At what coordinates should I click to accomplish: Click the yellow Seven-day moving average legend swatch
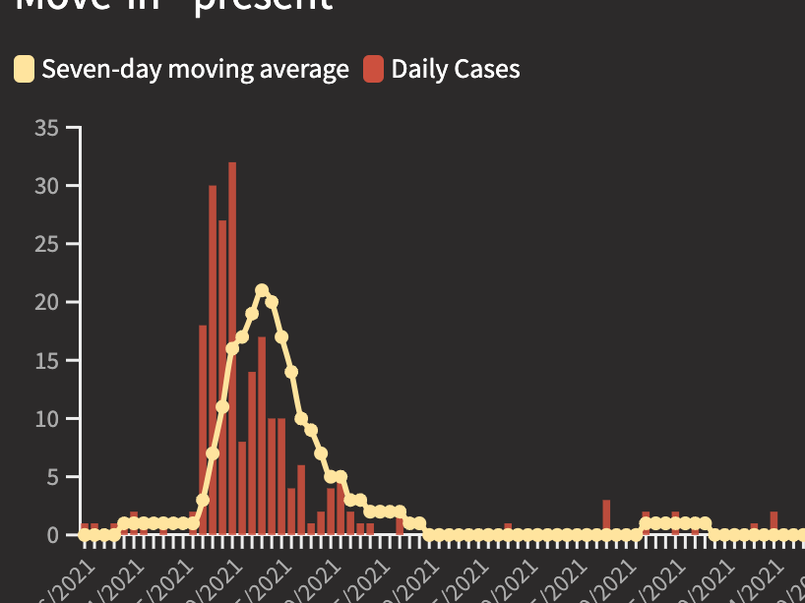click(x=24, y=70)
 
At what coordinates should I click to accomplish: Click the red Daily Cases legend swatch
click(x=373, y=70)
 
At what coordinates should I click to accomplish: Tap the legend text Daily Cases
click(x=456, y=70)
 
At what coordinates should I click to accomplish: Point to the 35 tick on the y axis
click(x=46, y=128)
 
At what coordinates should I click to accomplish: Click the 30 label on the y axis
click(x=46, y=186)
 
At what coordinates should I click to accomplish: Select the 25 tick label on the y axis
click(x=46, y=244)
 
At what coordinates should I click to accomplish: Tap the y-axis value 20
click(x=46, y=302)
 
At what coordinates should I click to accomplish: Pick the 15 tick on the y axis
click(x=46, y=361)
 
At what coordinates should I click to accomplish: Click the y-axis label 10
click(x=46, y=419)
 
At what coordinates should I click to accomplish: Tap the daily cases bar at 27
click(x=222, y=378)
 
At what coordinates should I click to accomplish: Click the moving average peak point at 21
click(x=262, y=290)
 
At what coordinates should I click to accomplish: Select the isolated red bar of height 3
click(x=606, y=517)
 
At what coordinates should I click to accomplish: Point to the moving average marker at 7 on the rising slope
click(x=213, y=453)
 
